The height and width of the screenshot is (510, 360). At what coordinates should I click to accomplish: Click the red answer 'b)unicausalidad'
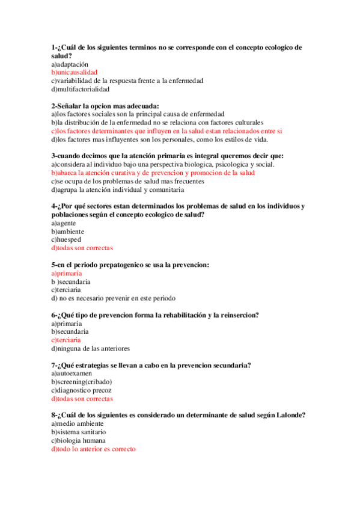click(74, 72)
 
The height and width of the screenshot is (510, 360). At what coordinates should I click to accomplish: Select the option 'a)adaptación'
click(70, 64)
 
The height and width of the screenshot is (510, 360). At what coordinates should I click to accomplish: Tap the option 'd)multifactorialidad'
click(81, 89)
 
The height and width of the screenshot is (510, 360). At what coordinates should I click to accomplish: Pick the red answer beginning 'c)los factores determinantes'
click(166, 131)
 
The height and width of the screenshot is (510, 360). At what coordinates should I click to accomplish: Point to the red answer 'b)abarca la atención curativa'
click(153, 173)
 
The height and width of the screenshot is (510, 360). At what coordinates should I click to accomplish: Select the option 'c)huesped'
click(66, 239)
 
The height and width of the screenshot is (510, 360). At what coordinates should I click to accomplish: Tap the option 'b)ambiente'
click(67, 232)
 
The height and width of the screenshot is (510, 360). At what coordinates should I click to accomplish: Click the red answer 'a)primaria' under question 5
click(66, 273)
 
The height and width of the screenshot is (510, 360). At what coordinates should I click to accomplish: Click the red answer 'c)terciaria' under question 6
click(66, 340)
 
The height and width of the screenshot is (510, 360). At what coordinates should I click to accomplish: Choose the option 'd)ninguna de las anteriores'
click(90, 348)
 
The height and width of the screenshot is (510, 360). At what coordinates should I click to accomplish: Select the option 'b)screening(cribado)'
click(81, 381)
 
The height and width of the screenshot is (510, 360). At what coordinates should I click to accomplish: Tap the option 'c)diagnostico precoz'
click(81, 390)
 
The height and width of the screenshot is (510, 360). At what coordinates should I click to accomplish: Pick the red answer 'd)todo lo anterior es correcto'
click(93, 449)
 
